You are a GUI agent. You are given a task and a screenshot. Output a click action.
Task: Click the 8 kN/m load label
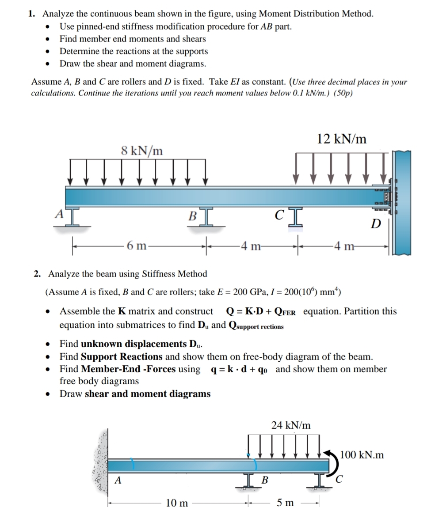pyautogui.click(x=141, y=151)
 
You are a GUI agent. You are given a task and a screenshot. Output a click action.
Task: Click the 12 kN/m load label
pyautogui.click(x=342, y=139)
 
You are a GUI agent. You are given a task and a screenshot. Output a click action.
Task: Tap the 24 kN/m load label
pyautogui.click(x=291, y=425)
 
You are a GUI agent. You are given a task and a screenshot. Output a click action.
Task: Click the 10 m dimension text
pyautogui.click(x=177, y=502)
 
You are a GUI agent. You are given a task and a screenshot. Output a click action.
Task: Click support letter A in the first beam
pyautogui.click(x=58, y=213)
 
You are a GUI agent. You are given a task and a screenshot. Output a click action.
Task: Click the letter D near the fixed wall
pyautogui.click(x=375, y=224)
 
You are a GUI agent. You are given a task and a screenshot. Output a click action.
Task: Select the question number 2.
pyautogui.click(x=38, y=274)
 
